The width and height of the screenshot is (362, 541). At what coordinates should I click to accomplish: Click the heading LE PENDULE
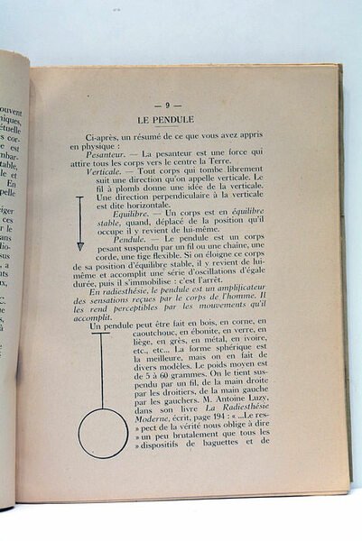(181, 119)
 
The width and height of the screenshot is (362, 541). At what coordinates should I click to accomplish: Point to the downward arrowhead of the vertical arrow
(79, 245)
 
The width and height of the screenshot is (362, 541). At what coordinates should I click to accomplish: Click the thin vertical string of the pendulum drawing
(101, 370)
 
